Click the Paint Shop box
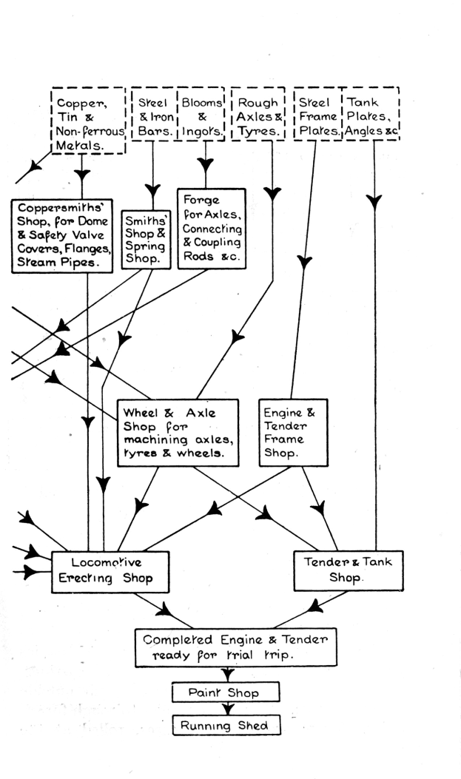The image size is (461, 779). (225, 692)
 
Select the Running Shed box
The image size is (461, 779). (226, 726)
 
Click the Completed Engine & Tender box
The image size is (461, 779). (225, 647)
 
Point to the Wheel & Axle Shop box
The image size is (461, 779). (178, 433)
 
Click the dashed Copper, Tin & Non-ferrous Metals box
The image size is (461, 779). (87, 120)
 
